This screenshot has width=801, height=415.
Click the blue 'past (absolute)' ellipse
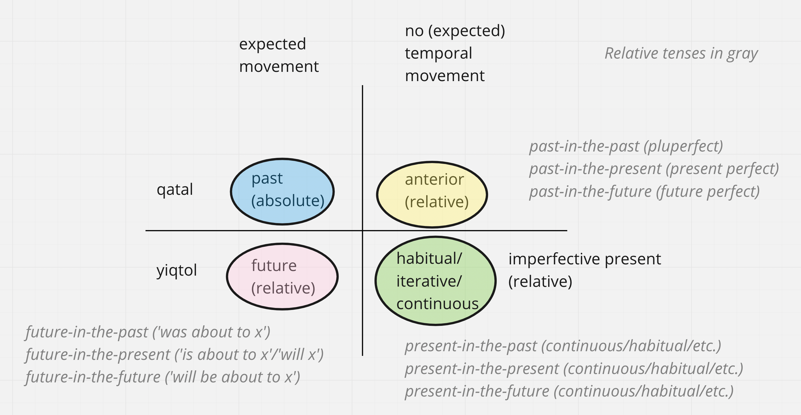coord(282,191)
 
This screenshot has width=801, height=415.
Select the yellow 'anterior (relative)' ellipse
coord(432,195)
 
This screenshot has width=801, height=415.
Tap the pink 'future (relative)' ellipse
coord(282,276)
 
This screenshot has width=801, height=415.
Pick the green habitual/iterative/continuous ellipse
coord(435,281)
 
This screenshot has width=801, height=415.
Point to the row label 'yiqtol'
coord(177,270)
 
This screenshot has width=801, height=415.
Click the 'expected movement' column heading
coord(279,55)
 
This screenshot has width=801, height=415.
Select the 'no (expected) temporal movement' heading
coord(455,53)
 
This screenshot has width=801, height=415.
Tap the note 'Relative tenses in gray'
coord(681,53)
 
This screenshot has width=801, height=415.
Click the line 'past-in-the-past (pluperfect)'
coord(626,146)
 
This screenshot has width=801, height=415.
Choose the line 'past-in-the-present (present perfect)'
coord(654,169)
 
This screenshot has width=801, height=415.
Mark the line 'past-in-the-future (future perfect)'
coord(644,192)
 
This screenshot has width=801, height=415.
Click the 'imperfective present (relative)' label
coord(585,270)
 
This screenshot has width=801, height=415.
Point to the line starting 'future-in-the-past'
coord(148,332)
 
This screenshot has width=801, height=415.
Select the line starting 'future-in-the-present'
coord(175,355)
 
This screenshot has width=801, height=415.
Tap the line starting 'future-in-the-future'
coord(163,377)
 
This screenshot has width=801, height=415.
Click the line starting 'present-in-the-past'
coord(563,346)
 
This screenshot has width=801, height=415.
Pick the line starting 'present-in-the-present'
coord(574,369)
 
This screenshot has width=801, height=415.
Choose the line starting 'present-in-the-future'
coord(569,391)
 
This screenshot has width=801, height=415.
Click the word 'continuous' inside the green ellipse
coord(437,304)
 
